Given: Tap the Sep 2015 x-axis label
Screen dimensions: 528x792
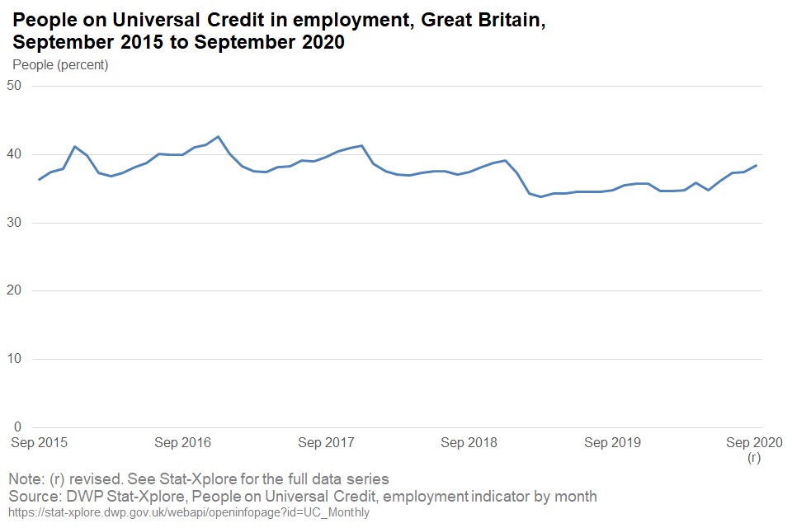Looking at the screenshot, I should point(39,443).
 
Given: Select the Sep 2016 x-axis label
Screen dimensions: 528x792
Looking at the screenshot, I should point(183,443).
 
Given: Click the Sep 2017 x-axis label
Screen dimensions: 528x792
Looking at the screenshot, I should point(326,443).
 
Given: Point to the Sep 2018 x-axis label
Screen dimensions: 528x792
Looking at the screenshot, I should point(469,443).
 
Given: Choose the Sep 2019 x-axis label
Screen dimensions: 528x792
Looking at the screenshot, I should point(612,443).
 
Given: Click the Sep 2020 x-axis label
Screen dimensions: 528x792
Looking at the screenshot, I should point(754,443).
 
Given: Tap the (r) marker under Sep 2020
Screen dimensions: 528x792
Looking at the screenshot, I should point(754,458).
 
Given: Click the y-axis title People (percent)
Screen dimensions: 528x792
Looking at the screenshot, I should point(61,64).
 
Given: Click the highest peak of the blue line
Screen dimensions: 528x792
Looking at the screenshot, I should point(218,137).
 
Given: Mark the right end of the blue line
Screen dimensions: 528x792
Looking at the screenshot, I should point(757,165).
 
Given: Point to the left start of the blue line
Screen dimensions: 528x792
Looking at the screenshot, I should point(40,179).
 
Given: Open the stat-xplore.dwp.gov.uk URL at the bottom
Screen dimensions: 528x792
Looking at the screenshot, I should point(189,512).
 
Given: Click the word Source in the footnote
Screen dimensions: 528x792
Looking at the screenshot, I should point(34,496).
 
